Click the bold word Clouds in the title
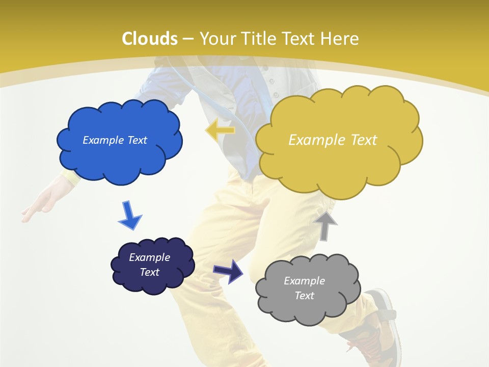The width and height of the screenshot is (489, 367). coord(150,39)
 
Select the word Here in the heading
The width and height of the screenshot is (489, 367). coord(340,39)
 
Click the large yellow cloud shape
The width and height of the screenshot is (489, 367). coord(339,163)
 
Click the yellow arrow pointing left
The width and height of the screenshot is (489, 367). coord(220,130)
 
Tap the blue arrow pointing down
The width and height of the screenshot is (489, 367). coord(130,215)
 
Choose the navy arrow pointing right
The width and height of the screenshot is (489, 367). coord(228,271)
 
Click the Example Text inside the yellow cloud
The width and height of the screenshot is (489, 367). coord(333,140)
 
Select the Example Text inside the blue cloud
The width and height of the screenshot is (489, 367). coord(115,140)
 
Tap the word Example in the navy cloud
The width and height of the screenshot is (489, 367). coord(149,257)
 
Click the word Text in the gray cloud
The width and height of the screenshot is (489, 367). coord(304,296)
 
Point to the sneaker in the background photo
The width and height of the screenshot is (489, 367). coord(379,326)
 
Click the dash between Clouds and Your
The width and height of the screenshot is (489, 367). coord(188,39)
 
